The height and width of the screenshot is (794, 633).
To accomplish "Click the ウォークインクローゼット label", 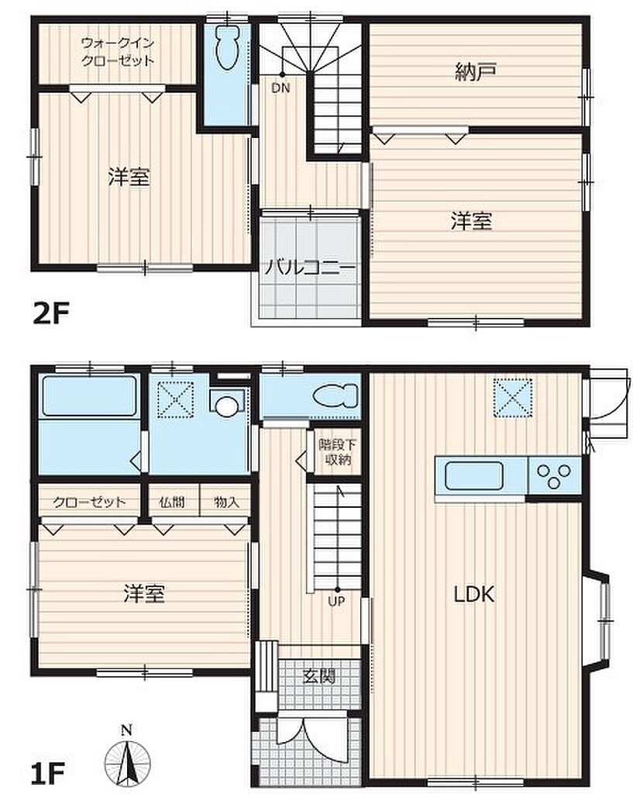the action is pyautogui.click(x=118, y=52).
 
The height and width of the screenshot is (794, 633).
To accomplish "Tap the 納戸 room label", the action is pyautogui.click(x=475, y=72).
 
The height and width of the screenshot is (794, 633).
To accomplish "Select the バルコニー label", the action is pyautogui.click(x=310, y=267).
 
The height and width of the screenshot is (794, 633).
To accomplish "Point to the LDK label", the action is pyautogui.click(x=473, y=594).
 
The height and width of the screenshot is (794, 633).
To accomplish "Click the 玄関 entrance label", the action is pyautogui.click(x=319, y=675).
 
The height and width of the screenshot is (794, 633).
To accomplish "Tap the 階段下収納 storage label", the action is pyautogui.click(x=338, y=452).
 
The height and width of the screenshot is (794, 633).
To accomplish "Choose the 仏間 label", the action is pyautogui.click(x=171, y=502).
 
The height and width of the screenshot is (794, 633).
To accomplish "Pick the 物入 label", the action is pyautogui.click(x=225, y=502).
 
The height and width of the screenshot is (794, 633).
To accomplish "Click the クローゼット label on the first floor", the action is pyautogui.click(x=89, y=502).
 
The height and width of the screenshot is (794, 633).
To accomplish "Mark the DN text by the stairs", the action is pyautogui.click(x=280, y=88).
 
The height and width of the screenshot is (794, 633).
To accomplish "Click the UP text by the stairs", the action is pyautogui.click(x=336, y=602).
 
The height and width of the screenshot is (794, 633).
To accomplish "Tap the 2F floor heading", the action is pyautogui.click(x=50, y=313).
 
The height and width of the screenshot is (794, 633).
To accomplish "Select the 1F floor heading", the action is pyautogui.click(x=48, y=773).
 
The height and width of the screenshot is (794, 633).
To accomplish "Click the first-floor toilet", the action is pyautogui.click(x=335, y=395).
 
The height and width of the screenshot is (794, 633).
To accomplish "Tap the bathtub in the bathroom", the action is pyautogui.click(x=89, y=396).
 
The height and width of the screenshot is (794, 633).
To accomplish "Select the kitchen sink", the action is pyautogui.click(x=474, y=476).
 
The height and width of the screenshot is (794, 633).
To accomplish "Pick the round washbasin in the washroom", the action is pyautogui.click(x=226, y=405).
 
